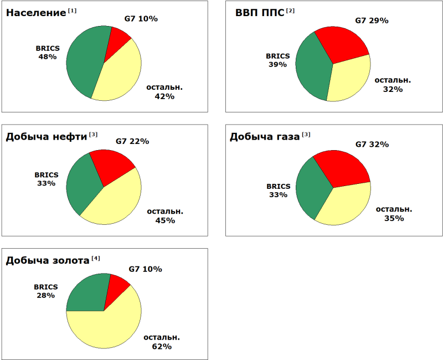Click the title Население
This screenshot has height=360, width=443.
pos(36,13)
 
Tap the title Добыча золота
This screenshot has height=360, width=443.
pos(47,260)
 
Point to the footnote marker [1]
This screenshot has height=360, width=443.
pos(73,11)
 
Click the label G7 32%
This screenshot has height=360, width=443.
pos(372,145)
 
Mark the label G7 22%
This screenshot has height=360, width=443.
pos(132,141)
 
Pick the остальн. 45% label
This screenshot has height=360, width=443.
pos(165,215)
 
